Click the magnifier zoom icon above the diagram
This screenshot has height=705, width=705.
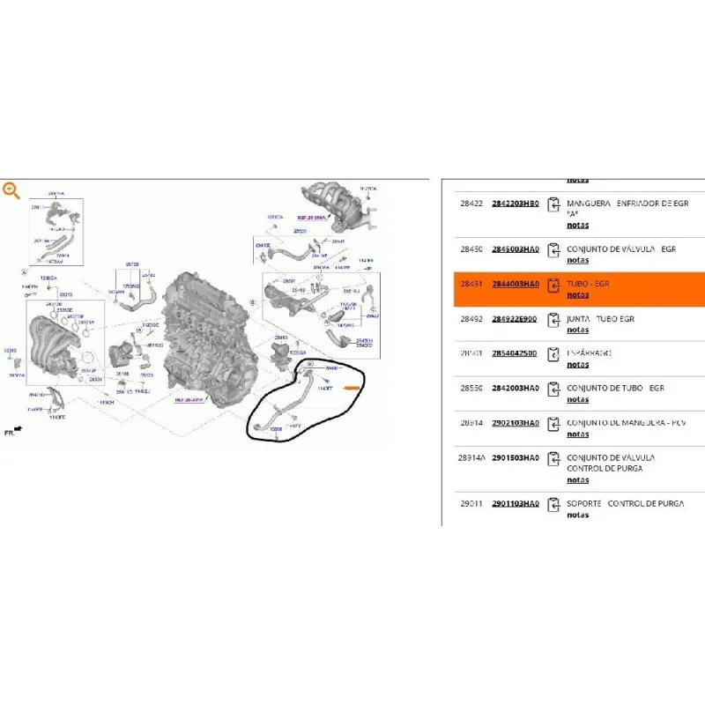tap(11, 189)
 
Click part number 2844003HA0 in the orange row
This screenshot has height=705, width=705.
tap(515, 285)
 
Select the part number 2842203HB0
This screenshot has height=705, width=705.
tap(515, 204)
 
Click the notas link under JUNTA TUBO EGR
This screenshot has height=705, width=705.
tap(577, 330)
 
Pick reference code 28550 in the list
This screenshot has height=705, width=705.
tap(471, 388)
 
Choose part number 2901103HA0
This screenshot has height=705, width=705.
tap(515, 503)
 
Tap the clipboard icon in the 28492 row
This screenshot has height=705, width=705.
tap(553, 319)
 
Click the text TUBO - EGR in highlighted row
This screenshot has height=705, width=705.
tap(588, 285)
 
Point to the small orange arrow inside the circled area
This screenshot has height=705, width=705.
tap(352, 386)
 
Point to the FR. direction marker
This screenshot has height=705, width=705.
tap(13, 432)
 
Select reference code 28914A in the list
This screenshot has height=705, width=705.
tap(471, 458)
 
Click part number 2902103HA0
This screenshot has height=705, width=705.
tap(515, 423)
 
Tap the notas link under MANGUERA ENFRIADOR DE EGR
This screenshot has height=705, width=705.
tap(577, 225)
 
